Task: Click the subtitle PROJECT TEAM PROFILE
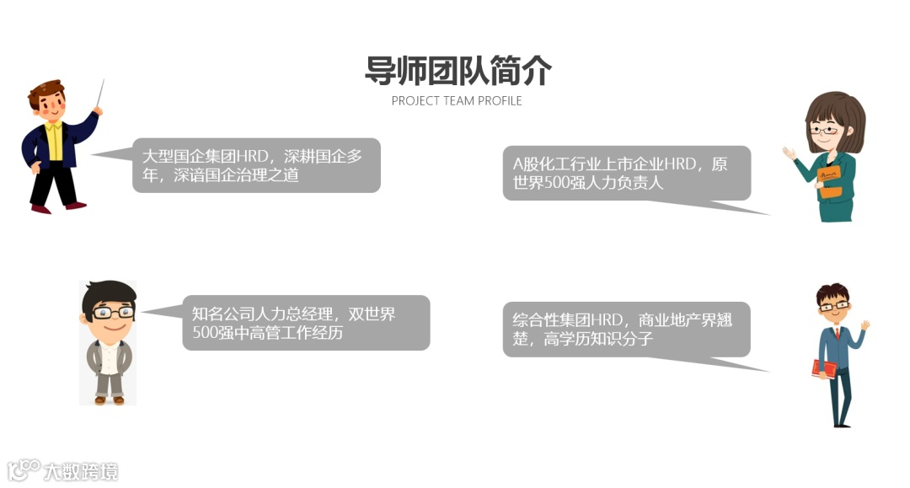coord(457,101)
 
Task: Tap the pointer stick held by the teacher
coord(101,94)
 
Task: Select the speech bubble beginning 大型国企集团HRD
coord(256,165)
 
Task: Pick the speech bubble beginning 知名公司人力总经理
coord(306,323)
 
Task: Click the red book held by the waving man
coord(823,368)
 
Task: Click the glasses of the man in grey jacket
coord(109,312)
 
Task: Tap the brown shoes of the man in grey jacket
coord(109,400)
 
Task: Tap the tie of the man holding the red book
coord(832,335)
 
